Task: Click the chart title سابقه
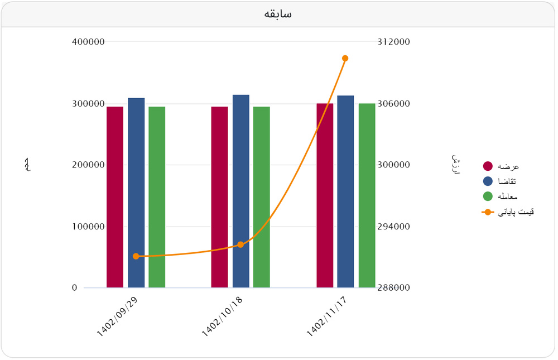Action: [x=278, y=14]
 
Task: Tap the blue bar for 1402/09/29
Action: [x=136, y=193]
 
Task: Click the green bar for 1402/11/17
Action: [x=367, y=195]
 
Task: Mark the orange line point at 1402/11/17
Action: [x=345, y=58]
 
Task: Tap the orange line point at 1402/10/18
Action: [x=240, y=244]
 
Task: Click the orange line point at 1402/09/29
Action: [x=136, y=256]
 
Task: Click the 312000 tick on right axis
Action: [x=394, y=42]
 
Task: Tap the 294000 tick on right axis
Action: [x=394, y=227]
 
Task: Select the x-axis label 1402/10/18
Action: [x=222, y=316]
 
